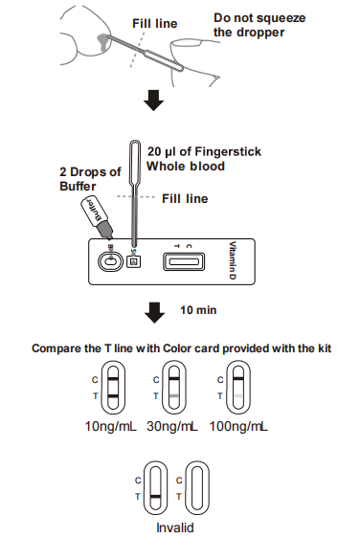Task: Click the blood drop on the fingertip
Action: (x=103, y=42)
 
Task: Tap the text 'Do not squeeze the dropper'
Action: (x=259, y=25)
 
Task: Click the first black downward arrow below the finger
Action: (x=153, y=101)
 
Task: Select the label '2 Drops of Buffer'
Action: (x=90, y=179)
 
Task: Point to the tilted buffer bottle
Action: (x=97, y=217)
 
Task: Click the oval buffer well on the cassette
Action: (x=110, y=262)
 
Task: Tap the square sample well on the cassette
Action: (x=134, y=262)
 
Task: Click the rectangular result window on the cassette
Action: (x=184, y=261)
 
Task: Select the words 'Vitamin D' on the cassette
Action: (x=233, y=260)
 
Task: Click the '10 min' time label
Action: (x=198, y=310)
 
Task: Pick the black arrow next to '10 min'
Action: (x=155, y=313)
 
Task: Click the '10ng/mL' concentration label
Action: (x=110, y=427)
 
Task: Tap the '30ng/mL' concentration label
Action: (x=172, y=427)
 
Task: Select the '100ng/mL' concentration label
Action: (x=238, y=427)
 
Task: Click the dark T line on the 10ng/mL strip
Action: (x=113, y=396)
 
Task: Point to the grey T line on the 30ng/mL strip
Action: (x=174, y=396)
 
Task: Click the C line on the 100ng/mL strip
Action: (x=238, y=379)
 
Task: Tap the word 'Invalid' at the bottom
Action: (x=175, y=527)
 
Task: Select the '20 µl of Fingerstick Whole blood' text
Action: (x=204, y=159)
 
